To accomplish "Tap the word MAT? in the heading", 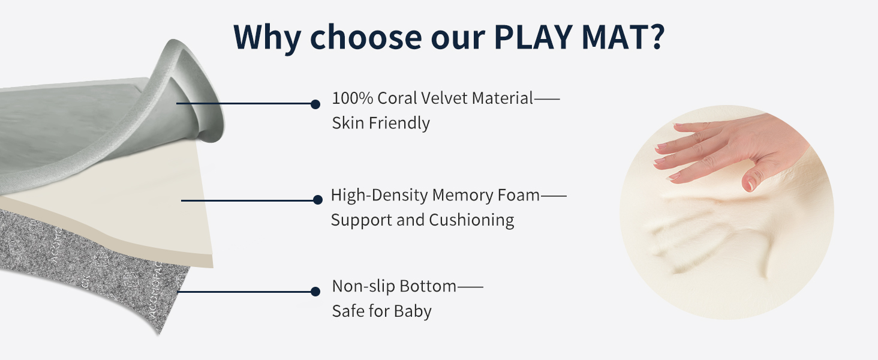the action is pos(624,37).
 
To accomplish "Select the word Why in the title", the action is pos(267,38).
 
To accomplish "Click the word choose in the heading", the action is pos(366,37).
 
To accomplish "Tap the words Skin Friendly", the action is pos(381,123).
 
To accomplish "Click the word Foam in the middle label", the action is pos(519,195).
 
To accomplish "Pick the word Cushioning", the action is pos(471,220).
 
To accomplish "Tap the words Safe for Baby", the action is pos(382,311).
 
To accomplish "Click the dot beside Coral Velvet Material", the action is pos(315,104).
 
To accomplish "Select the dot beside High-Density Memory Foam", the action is pos(318,200).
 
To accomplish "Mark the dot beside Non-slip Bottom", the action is pos(315,292).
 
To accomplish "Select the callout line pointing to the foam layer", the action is pos(249,200).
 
